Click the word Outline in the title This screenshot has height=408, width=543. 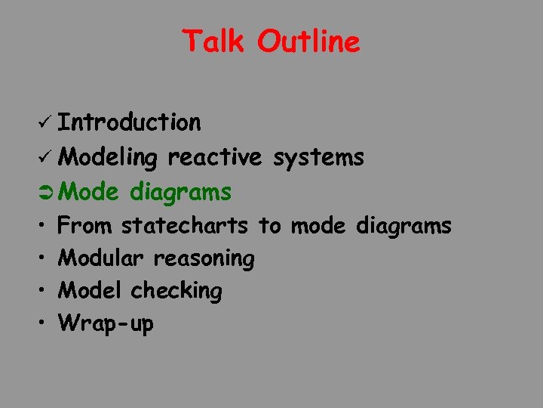click(x=308, y=41)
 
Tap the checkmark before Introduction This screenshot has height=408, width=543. click(x=43, y=122)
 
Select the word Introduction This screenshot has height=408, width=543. click(x=130, y=122)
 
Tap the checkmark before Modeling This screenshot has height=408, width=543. click(x=43, y=158)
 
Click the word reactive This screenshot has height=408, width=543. click(x=215, y=157)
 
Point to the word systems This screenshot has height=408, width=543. click(x=319, y=159)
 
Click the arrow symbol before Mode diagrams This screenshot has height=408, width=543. click(x=44, y=193)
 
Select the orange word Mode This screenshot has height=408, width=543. click(x=89, y=193)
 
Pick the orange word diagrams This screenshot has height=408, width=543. click(x=180, y=193)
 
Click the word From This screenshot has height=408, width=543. click(x=86, y=225)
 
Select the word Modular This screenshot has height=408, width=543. click(x=101, y=258)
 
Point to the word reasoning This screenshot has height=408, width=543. click(x=204, y=259)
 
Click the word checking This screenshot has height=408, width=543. click(x=176, y=292)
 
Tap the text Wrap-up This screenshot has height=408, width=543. click(x=106, y=324)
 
